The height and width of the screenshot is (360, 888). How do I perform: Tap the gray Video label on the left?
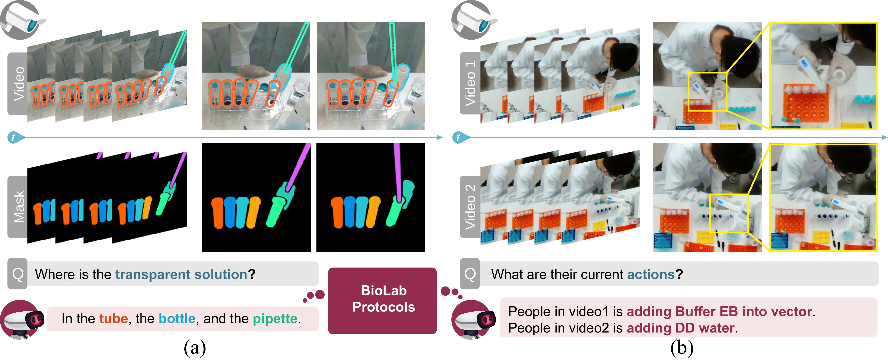pyautogui.click(x=18, y=83)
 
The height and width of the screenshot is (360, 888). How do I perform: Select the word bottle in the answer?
pyautogui.click(x=177, y=319)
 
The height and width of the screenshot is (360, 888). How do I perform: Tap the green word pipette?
pyautogui.click(x=275, y=319)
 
